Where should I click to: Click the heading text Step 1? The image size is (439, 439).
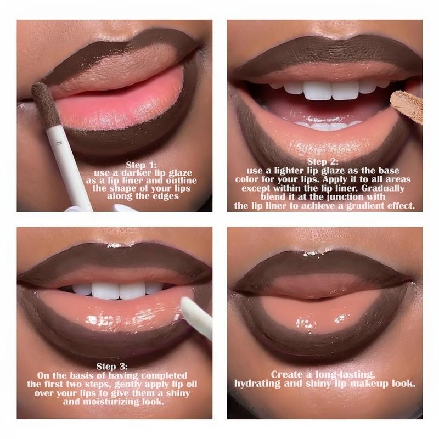tap(141, 165)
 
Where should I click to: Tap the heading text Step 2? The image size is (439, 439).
tap(323, 162)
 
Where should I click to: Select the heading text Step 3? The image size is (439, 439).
tap(112, 366)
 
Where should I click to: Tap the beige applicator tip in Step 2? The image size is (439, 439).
tap(407, 106)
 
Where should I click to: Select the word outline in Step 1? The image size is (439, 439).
tap(182, 181)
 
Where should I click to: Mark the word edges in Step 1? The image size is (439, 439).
tap(166, 196)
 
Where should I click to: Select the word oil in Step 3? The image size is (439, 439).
tap(192, 384)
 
